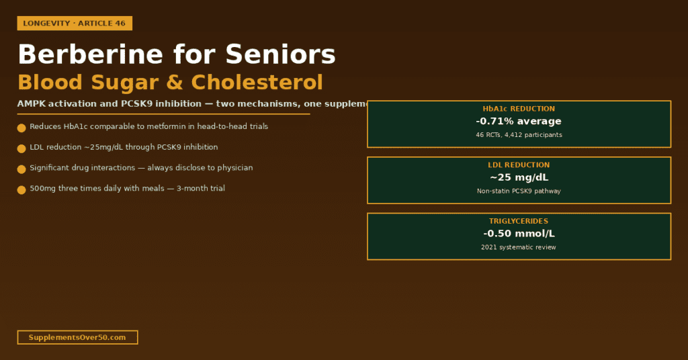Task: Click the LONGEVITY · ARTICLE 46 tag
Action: point(75,24)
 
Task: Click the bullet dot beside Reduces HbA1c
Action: point(21,128)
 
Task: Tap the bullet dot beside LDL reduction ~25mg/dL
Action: point(21,148)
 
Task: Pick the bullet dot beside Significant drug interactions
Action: point(21,169)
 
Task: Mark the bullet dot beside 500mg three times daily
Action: point(21,190)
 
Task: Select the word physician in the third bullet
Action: point(234,168)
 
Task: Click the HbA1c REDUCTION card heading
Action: point(519,109)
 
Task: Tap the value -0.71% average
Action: point(519,122)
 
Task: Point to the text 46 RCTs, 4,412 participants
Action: point(519,135)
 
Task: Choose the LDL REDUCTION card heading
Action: point(519,165)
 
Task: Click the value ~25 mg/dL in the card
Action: point(519,178)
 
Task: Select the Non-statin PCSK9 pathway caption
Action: point(519,191)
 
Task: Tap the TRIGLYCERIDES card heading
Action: point(519,221)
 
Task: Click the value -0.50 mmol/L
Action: point(519,234)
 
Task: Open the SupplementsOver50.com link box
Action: point(77,337)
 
